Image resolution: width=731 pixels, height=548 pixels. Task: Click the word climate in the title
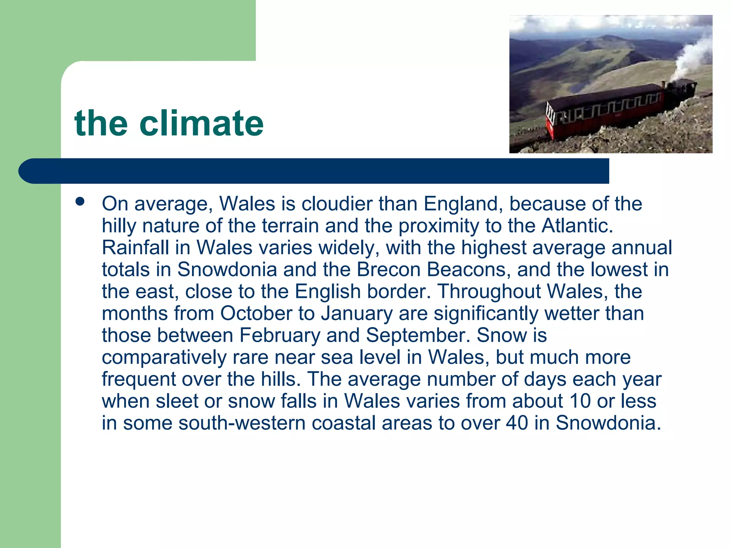pyautogui.click(x=201, y=123)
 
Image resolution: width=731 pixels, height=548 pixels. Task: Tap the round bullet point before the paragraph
pyautogui.click(x=80, y=202)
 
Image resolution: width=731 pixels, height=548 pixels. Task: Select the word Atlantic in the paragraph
pyautogui.click(x=577, y=226)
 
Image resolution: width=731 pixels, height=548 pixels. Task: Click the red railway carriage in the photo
pyautogui.click(x=603, y=111)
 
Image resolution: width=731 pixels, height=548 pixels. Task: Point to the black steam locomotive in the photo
pyautogui.click(x=682, y=91)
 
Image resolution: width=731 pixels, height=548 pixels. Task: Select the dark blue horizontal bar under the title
pyautogui.click(x=314, y=171)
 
